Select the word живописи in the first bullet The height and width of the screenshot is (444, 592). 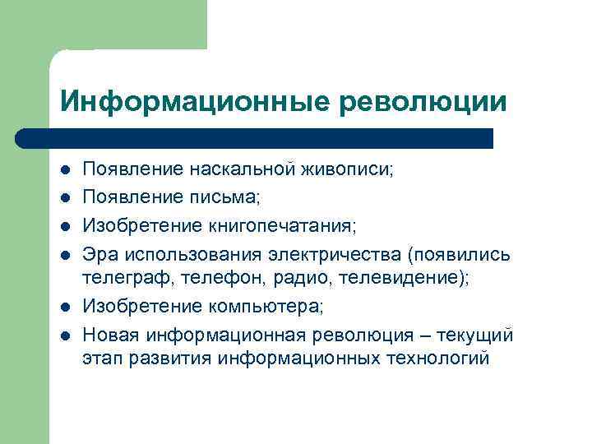point(346,169)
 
